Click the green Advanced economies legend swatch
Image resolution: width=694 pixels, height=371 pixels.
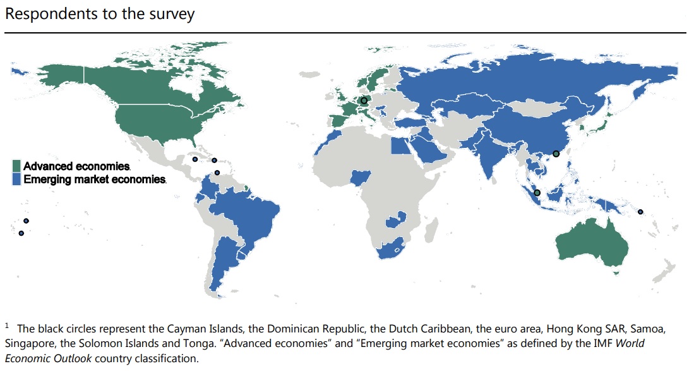[x=17, y=166]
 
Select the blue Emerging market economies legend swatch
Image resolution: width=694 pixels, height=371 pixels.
[x=17, y=179]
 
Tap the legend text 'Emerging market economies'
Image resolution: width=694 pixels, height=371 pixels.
[x=95, y=179]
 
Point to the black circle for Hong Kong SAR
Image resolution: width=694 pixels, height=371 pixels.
[x=556, y=154]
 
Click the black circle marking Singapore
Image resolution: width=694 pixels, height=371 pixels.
[x=537, y=193]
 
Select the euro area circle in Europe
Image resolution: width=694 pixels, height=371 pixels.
[x=364, y=100]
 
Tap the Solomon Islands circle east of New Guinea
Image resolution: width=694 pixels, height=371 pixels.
[x=640, y=212]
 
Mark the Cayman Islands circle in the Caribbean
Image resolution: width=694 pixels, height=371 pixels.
[x=194, y=159]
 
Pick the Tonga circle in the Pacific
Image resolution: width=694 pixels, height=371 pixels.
[x=21, y=233]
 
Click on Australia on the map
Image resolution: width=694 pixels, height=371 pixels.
[x=590, y=246]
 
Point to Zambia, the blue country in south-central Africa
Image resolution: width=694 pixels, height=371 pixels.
[x=399, y=219]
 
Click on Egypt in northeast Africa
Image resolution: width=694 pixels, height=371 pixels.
[x=399, y=146]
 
